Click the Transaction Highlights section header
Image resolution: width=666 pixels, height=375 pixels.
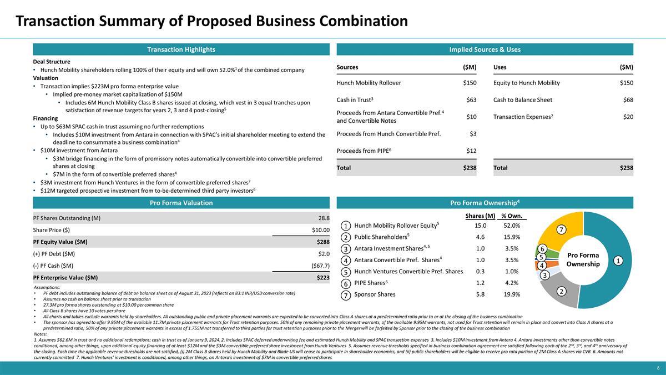click(180, 49)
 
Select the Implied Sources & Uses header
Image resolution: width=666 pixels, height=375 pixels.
click(485, 49)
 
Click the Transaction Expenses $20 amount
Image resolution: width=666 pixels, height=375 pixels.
click(627, 117)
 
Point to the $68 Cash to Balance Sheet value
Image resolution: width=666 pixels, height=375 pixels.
click(627, 99)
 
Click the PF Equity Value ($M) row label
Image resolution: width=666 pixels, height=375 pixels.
click(60, 242)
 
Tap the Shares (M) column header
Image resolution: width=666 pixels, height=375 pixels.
click(481, 216)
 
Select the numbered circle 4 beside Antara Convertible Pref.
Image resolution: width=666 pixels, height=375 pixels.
click(345, 261)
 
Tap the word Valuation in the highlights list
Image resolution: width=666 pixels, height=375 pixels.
click(47, 78)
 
